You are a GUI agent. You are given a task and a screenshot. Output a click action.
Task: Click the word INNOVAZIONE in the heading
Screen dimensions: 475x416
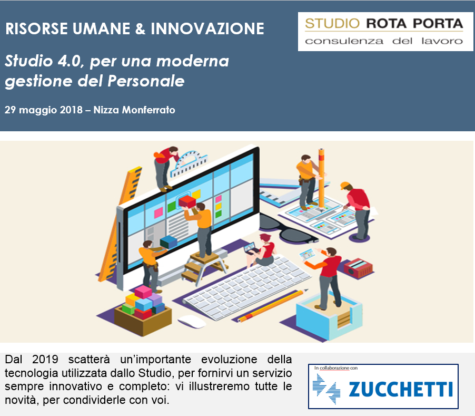(207, 29)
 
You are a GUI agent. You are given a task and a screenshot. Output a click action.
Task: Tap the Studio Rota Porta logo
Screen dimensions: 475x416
(385, 32)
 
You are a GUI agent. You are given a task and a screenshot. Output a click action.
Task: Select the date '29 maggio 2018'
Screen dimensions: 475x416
(44, 110)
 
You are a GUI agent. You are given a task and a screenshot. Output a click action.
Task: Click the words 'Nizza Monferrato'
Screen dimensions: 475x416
(134, 110)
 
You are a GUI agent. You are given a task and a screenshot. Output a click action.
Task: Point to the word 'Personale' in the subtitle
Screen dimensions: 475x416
(146, 81)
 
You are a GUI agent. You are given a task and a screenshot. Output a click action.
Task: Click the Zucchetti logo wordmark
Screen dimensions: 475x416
(400, 389)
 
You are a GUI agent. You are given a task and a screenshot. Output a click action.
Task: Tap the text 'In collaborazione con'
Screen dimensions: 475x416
(336, 368)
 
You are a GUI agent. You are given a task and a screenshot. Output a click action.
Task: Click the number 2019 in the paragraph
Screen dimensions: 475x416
(45, 359)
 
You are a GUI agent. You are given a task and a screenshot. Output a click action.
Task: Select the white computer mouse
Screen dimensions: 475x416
(192, 322)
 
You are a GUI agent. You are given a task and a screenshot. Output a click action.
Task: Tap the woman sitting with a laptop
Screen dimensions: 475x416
(261, 250)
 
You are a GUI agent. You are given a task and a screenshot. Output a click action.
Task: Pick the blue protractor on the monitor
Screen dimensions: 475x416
(189, 164)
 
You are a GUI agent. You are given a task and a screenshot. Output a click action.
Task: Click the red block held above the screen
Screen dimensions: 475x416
(187, 201)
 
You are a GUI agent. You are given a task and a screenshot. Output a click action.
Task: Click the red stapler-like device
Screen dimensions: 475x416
(358, 268)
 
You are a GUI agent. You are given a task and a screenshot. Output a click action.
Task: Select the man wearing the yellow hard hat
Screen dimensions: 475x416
(357, 211)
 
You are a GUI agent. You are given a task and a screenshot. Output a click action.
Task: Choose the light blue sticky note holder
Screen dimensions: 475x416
(329, 317)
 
